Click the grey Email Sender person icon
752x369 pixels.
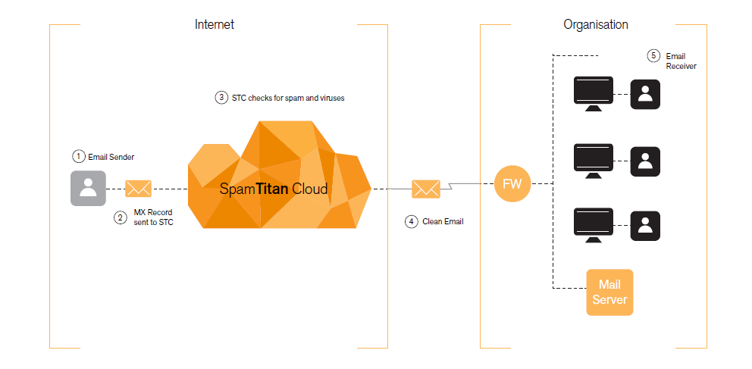(88, 188)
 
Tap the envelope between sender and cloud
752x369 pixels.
(138, 189)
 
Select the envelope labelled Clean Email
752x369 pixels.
(425, 189)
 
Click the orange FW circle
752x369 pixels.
(513, 183)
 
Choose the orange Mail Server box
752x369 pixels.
(609, 292)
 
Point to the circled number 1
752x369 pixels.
(78, 157)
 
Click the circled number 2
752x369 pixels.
(120, 217)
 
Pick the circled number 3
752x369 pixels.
(221, 98)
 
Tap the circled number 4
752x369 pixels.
(411, 221)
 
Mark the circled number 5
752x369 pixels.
(653, 56)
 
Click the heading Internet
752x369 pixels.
(215, 24)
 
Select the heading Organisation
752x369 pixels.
(595, 24)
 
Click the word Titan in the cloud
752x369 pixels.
(271, 189)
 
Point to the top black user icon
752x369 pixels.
(645, 94)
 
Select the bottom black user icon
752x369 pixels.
(645, 226)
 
